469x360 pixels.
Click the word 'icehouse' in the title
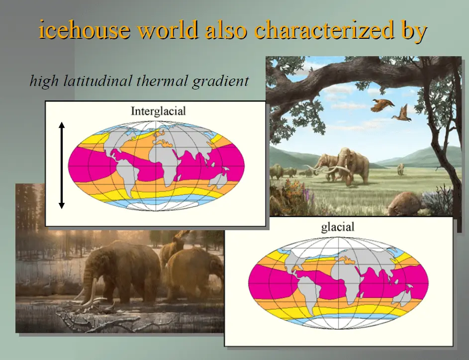[85, 30]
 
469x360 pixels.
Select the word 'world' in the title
[169, 30]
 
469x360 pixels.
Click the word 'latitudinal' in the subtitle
[98, 81]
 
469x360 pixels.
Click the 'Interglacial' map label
[158, 111]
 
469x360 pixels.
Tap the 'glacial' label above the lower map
[338, 227]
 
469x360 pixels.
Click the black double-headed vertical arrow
[62, 165]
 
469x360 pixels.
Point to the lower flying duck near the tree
[402, 113]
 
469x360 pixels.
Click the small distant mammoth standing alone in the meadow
[400, 169]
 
